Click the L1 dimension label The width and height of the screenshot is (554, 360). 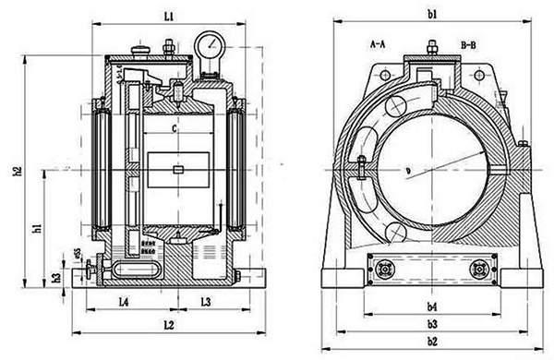167,17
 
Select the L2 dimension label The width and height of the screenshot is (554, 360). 167,325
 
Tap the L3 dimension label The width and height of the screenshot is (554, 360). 207,302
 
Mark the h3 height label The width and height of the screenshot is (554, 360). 56,277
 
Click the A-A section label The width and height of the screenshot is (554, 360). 379,43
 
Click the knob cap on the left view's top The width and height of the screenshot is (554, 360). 140,50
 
